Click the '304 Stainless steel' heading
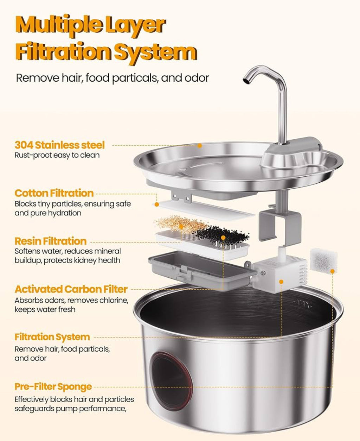click(60, 145)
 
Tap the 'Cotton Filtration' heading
click(54, 193)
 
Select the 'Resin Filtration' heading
click(51, 241)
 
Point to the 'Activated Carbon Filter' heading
click(71, 289)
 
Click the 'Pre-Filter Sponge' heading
click(53, 386)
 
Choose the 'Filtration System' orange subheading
click(52, 337)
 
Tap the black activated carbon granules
click(218, 234)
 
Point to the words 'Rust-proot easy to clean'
click(57, 155)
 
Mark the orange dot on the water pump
click(281, 282)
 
